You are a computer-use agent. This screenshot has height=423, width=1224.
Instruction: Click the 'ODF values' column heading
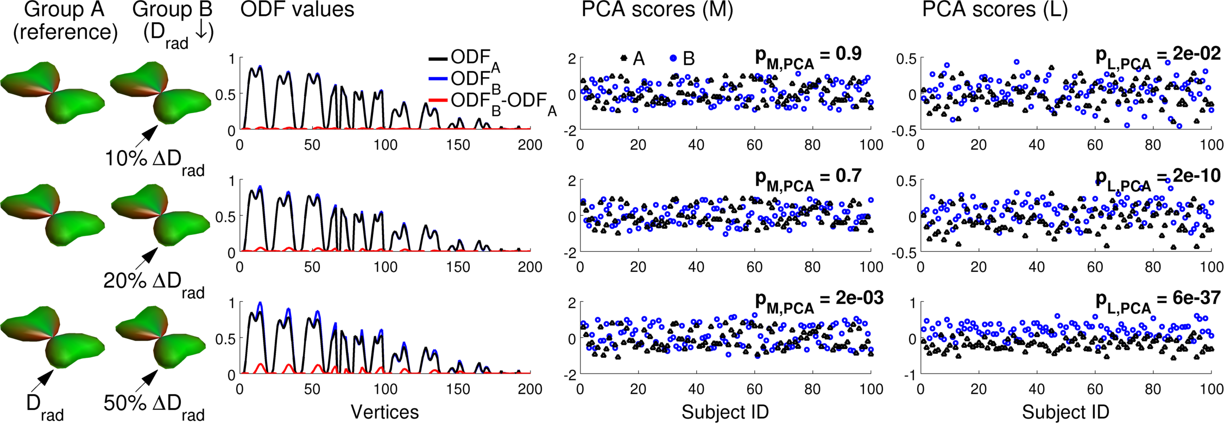(297, 10)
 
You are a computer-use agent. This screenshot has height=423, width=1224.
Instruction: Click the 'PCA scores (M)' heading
(657, 10)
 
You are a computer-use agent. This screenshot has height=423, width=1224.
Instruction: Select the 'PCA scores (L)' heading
(995, 10)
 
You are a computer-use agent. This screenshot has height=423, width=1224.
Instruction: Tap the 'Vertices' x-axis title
(384, 412)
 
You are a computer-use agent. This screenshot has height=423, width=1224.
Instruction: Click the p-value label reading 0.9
(808, 57)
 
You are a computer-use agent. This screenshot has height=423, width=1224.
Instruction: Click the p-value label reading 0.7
(808, 179)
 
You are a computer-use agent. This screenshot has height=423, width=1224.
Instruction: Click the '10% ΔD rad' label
(154, 161)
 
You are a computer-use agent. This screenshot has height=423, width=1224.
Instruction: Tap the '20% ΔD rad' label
(154, 283)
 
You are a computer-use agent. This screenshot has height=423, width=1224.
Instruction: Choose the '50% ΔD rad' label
(154, 405)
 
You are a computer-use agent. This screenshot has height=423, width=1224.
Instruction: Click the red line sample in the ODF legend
(438, 101)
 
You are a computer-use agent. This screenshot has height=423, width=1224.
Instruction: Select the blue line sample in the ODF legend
(438, 79)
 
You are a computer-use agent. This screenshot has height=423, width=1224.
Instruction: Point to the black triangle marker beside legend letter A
(623, 58)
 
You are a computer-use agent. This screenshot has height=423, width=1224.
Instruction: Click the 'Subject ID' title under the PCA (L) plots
(1065, 412)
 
